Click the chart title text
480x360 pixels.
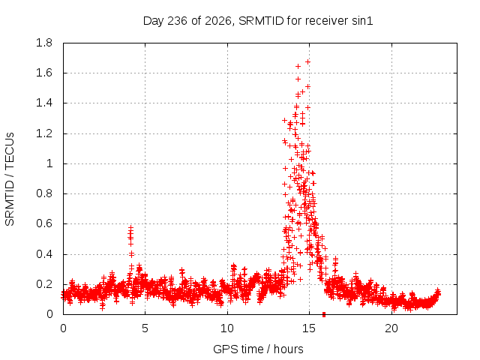pos(258,21)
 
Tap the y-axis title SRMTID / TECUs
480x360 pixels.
pos(10,179)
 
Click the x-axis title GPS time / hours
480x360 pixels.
pos(258,349)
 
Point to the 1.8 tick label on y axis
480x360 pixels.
pos(44,43)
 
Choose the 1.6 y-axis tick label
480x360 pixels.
pos(44,73)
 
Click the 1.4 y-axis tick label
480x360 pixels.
pos(44,103)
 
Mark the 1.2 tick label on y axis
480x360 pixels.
pos(44,133)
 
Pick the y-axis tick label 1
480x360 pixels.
pos(49,163)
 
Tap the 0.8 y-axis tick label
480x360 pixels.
pos(44,193)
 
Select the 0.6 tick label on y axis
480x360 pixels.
pos(44,223)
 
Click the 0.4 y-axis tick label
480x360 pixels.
pos(44,254)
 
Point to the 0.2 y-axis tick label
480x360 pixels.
pos(44,284)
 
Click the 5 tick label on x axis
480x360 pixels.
pos(145,328)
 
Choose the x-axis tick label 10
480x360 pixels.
pos(227,328)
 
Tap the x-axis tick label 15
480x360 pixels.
pos(309,328)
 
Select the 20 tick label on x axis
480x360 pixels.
pos(391,328)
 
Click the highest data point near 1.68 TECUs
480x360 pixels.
pos(307,61)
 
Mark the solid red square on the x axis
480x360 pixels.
pos(324,314)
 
